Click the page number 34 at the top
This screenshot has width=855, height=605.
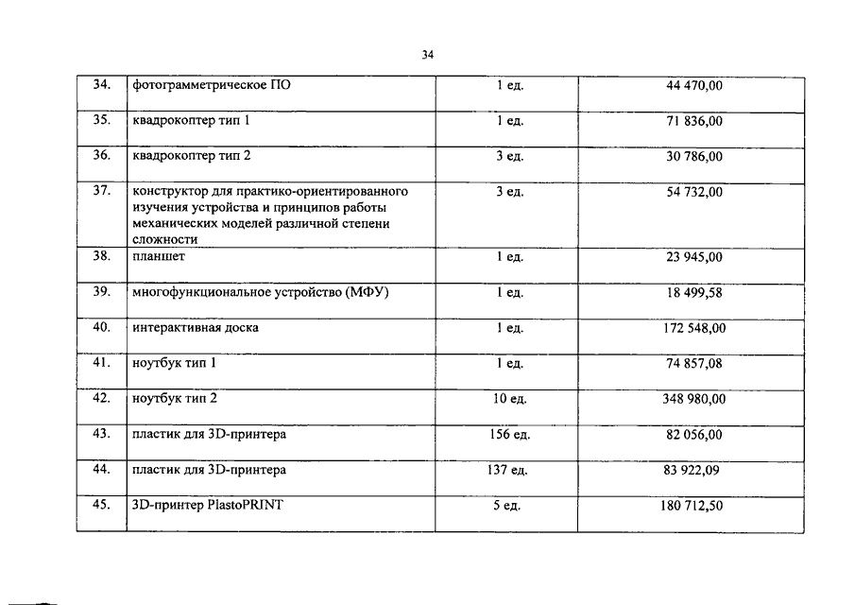427,55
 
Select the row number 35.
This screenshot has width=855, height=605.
101,121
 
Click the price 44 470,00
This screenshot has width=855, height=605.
693,86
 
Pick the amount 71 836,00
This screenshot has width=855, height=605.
693,122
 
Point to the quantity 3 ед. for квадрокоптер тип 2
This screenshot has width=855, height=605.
509,156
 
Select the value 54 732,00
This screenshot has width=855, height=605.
693,192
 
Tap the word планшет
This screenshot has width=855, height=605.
159,257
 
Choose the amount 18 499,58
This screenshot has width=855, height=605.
693,293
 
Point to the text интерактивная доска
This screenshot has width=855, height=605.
196,328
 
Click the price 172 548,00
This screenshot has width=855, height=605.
693,328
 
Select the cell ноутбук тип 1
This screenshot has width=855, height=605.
175,363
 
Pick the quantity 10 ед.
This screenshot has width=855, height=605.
509,399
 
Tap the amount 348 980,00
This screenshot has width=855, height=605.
693,399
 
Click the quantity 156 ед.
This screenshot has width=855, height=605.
509,435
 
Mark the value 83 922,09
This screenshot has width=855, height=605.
693,470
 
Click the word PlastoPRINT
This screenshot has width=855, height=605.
241,505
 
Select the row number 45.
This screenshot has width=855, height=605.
101,505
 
